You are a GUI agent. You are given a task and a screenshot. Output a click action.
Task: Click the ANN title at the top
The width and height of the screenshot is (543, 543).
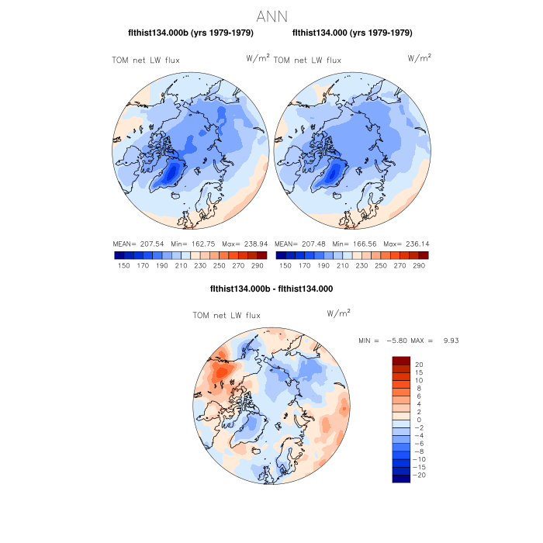tap(271, 16)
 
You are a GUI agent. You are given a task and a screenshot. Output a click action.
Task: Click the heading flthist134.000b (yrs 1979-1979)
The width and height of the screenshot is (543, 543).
tap(190, 33)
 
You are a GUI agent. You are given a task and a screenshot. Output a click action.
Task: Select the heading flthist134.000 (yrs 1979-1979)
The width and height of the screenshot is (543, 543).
tap(352, 33)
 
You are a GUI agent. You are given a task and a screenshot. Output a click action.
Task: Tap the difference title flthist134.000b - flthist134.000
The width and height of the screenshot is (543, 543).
tap(271, 289)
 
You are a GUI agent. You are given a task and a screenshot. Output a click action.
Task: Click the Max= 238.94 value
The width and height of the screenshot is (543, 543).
tap(243, 243)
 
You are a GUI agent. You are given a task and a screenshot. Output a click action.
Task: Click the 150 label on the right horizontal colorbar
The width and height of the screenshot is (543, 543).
tap(285, 265)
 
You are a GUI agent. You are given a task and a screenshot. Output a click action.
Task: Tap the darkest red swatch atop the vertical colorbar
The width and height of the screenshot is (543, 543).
tap(401, 360)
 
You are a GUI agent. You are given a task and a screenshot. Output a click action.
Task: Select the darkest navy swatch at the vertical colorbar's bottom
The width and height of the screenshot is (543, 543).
tap(401, 479)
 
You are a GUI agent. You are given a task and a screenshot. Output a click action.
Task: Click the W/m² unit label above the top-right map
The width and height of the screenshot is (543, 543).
tap(420, 58)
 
